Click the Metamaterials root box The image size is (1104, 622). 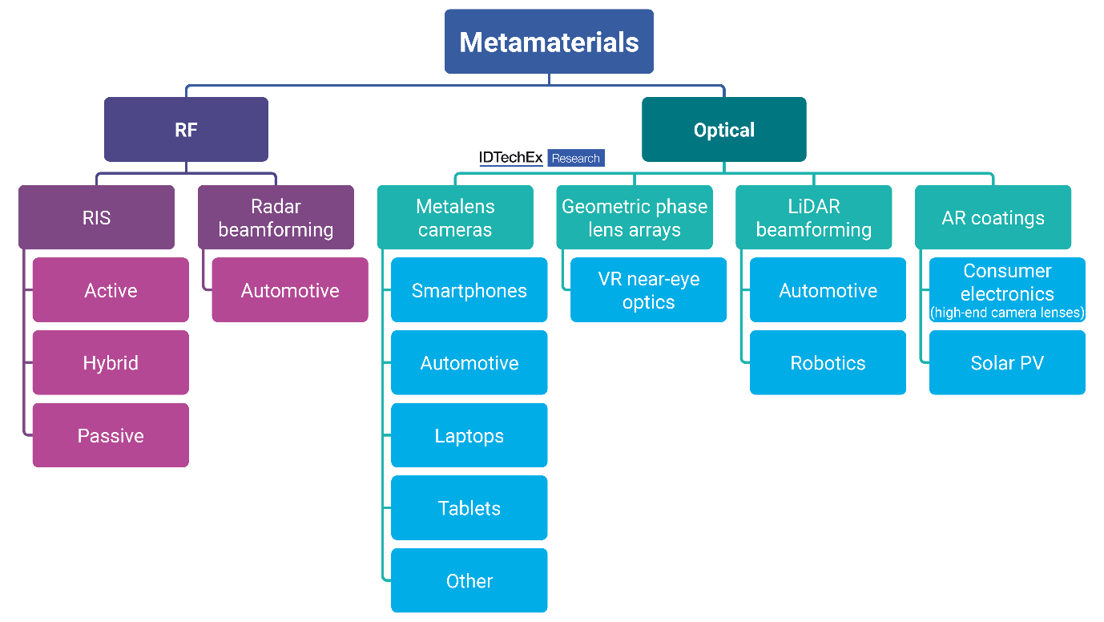[x=549, y=42]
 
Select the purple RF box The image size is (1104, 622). [x=186, y=130]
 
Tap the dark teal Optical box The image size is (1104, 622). [x=723, y=130]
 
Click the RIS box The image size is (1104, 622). [x=96, y=217]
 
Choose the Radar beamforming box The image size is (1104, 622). [x=276, y=217]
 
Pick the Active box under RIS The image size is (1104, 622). [x=111, y=290]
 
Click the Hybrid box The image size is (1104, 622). [x=111, y=363]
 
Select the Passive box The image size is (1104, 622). [x=111, y=435]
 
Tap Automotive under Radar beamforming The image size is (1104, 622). [x=290, y=290]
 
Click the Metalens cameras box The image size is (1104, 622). [x=455, y=217]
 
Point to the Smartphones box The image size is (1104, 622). [x=469, y=290]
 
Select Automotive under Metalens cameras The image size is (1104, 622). [x=469, y=363]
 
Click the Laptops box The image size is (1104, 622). [x=469, y=435]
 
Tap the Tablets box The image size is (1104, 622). [x=469, y=508]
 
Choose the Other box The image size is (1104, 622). [x=469, y=580]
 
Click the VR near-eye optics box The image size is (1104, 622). [x=649, y=290]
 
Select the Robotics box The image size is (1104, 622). [x=828, y=363]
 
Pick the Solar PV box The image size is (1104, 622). [x=1007, y=363]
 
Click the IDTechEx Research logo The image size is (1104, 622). [x=542, y=158]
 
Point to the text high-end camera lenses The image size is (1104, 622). [x=1007, y=313]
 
